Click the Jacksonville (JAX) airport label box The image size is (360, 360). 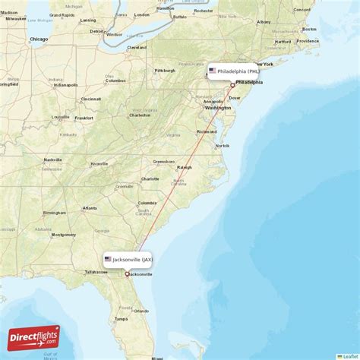pyautogui.click(x=129, y=259)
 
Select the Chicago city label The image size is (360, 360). pyautogui.click(x=38, y=39)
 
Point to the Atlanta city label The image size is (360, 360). pyautogui.click(x=90, y=207)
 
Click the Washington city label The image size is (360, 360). pyautogui.click(x=218, y=108)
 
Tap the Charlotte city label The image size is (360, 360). pyautogui.click(x=150, y=179)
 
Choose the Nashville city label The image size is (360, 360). pyautogui.click(x=52, y=159)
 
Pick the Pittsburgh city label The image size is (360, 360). pyautogui.click(x=165, y=71)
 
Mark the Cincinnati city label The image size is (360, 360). pyautogui.click(x=91, y=99)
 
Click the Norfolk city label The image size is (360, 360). pyautogui.click(x=223, y=146)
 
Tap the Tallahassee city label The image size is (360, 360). pyautogui.click(x=96, y=272)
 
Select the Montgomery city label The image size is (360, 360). pyautogui.click(x=63, y=235)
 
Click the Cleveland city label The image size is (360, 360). pyautogui.click(x=137, y=47)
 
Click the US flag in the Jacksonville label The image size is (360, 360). pyautogui.click(x=108, y=259)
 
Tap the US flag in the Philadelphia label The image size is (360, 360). pyautogui.click(x=213, y=71)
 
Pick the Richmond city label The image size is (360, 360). pyautogui.click(x=206, y=131)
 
